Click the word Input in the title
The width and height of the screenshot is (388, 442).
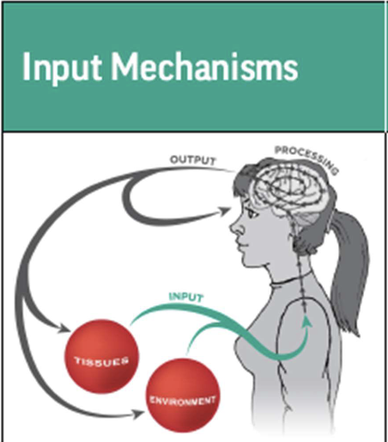(x=52, y=68)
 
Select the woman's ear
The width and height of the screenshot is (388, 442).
(x=296, y=225)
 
